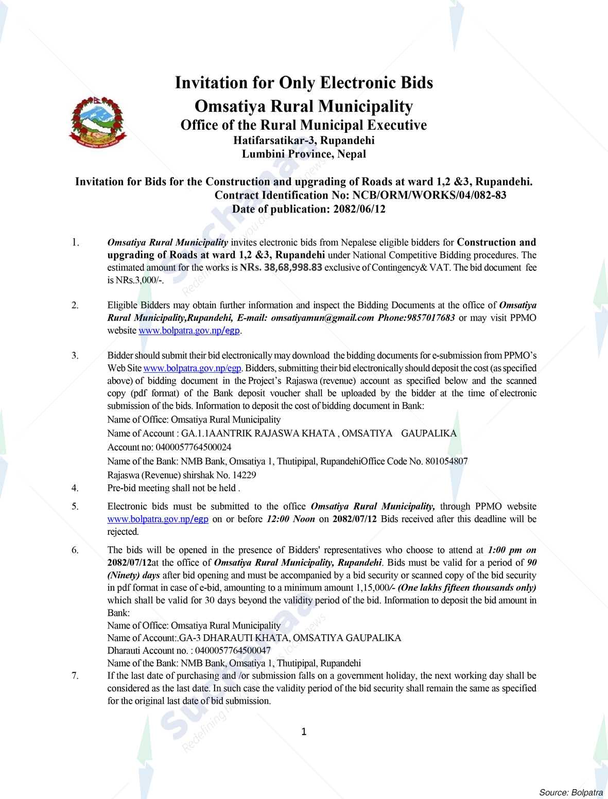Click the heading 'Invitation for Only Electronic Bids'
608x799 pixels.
click(304, 83)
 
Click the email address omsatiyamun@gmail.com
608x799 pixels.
click(322, 318)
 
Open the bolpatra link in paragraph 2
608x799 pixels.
click(189, 331)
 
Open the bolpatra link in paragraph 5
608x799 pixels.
click(158, 519)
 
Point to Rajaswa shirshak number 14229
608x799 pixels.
click(246, 475)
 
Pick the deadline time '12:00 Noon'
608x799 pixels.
click(291, 519)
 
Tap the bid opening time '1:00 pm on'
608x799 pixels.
click(512, 550)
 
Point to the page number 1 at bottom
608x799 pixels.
click(304, 732)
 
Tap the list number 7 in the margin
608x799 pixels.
click(76, 675)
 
